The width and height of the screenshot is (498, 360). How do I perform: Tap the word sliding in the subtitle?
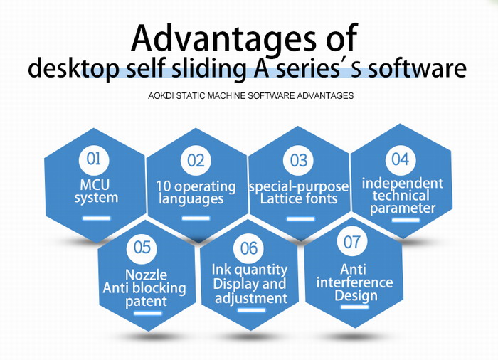tap(209, 68)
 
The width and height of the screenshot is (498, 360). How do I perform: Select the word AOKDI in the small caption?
tap(161, 95)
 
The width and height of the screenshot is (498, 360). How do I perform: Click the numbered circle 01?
tap(94, 159)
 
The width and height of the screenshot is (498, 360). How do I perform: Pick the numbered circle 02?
tap(196, 160)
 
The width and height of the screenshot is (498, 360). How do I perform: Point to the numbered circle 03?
tap(298, 160)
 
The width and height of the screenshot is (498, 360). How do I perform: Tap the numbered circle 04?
tap(401, 159)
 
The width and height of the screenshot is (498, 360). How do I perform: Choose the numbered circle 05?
tap(142, 248)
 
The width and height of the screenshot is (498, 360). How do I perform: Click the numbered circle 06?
tap(248, 248)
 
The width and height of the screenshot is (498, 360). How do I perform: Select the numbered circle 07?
tap(352, 242)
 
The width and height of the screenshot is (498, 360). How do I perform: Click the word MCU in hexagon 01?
tap(95, 184)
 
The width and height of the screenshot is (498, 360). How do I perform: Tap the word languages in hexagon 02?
tap(191, 199)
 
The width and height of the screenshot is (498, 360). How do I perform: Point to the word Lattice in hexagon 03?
tap(279, 198)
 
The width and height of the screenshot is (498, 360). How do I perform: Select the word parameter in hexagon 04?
tap(403, 208)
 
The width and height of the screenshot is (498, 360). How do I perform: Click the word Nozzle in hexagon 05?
tap(146, 275)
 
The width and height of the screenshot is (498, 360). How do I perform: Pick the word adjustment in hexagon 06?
tap(251, 299)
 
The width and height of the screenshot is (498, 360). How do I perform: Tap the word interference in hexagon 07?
tap(354, 282)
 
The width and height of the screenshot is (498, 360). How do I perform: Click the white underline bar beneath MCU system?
tap(97, 218)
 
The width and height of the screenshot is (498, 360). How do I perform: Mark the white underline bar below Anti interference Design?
tap(355, 307)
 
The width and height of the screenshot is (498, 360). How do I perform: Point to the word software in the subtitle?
tap(417, 68)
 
